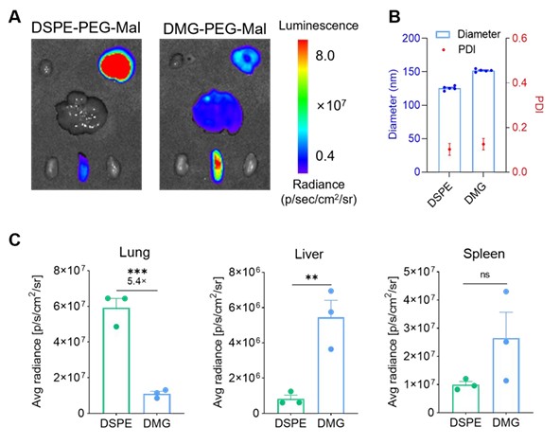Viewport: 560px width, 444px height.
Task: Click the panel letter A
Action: pos(14,17)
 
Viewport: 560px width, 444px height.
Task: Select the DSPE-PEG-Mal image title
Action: pos(86,27)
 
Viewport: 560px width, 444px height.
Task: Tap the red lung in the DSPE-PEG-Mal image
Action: pos(116,64)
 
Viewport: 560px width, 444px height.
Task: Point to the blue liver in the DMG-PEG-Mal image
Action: pos(218,111)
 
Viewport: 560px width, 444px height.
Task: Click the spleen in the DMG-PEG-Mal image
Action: pos(217,166)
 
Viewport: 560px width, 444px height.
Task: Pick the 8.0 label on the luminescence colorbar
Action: pos(325,56)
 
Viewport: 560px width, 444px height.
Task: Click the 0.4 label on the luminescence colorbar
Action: pos(325,156)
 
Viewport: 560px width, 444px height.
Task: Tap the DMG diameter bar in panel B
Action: pos(483,121)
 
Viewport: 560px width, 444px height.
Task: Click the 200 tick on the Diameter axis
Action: pos(411,38)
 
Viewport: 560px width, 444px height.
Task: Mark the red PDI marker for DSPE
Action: pos(449,150)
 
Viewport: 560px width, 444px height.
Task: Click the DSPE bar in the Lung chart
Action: pos(116,361)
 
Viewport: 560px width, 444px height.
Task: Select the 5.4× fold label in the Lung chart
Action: pos(137,281)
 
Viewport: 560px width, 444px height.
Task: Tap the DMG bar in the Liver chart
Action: pos(331,365)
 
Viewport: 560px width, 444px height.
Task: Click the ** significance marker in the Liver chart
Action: pos(312,277)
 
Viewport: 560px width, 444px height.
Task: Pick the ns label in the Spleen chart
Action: pos(484,275)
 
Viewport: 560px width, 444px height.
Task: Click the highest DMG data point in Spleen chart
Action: pos(506,292)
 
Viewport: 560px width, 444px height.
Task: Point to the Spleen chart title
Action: pos(484,254)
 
